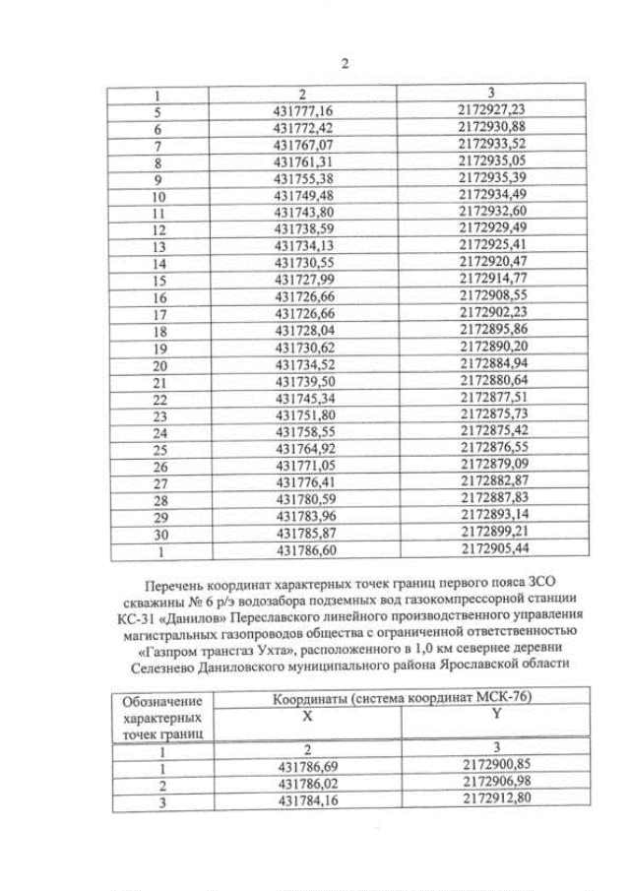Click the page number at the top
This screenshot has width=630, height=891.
coord(345,64)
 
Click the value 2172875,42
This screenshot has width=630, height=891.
coord(496,430)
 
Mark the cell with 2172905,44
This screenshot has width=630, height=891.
coord(496,547)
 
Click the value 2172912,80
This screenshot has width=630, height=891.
coord(495,798)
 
